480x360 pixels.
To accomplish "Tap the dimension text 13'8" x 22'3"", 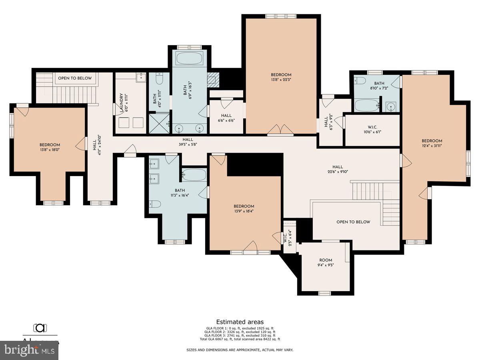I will (x=281, y=79).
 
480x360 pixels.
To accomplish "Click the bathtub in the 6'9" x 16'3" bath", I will (x=190, y=59).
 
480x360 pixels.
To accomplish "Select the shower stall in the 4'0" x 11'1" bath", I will (x=159, y=124).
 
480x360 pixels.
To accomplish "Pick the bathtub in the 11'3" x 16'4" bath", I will (x=194, y=174).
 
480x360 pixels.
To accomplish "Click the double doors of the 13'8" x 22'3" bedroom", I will (x=280, y=130).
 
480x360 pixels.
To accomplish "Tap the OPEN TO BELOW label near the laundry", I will (x=75, y=78).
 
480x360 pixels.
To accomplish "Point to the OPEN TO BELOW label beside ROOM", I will (x=353, y=222).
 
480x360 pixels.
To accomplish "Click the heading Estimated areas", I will (x=240, y=322).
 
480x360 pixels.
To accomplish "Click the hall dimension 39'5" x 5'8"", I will (x=188, y=144).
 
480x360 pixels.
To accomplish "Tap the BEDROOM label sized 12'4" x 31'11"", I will (x=432, y=141).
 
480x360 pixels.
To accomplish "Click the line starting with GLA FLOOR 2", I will (x=240, y=332).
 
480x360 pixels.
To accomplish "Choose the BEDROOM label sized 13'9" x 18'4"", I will (x=244, y=206).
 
